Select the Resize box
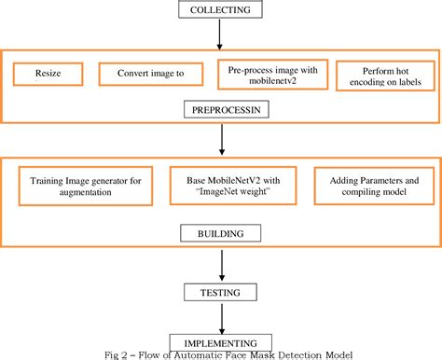pyautogui.click(x=48, y=73)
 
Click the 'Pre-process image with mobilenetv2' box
pyautogui.click(x=274, y=74)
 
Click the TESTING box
pyautogui.click(x=220, y=293)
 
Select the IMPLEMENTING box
pyautogui.click(x=220, y=340)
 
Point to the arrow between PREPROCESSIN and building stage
pyautogui.click(x=221, y=140)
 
